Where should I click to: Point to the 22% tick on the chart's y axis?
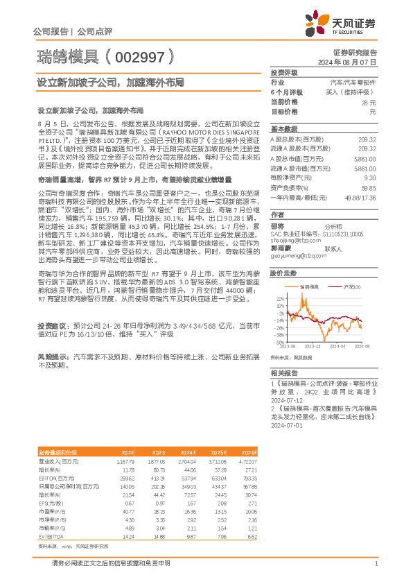click(x=279, y=298)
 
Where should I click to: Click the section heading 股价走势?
click(x=283, y=274)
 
